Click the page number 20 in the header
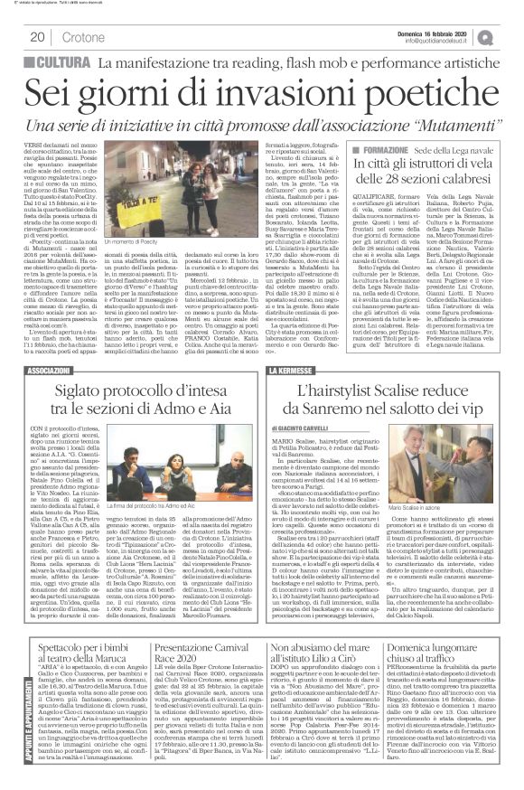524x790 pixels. click(x=38, y=37)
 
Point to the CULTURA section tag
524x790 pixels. click(x=64, y=61)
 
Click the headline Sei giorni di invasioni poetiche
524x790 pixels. click(x=262, y=89)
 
